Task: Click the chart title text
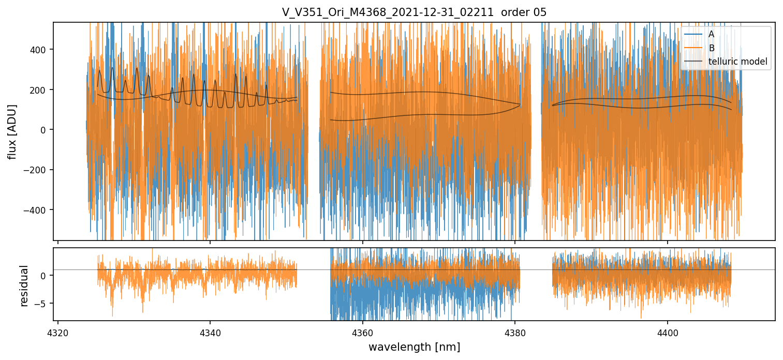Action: click(414, 12)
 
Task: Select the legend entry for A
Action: click(711, 34)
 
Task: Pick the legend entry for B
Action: click(711, 48)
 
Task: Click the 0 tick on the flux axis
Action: click(45, 130)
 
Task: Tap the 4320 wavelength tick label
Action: click(58, 332)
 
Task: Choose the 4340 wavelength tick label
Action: click(210, 332)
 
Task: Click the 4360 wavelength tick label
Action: click(362, 332)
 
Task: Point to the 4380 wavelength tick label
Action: click(515, 332)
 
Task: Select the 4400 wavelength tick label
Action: click(667, 332)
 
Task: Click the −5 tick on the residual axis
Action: click(42, 303)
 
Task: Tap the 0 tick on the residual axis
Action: click(45, 276)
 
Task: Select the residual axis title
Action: click(24, 286)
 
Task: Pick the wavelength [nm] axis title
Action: click(414, 347)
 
